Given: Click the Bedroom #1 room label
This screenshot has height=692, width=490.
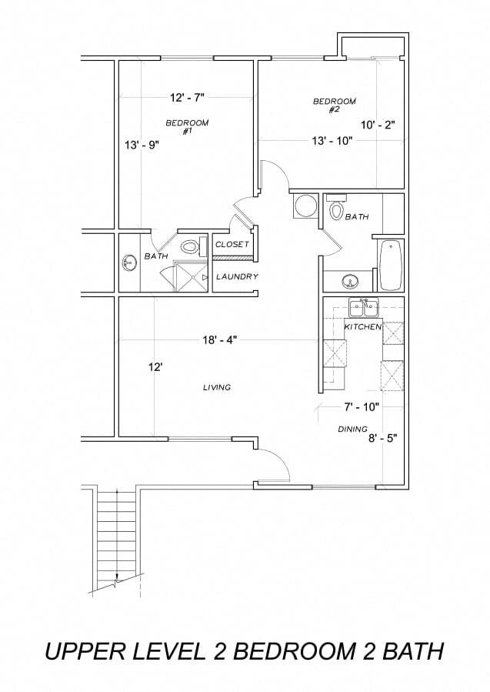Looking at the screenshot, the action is (187, 126).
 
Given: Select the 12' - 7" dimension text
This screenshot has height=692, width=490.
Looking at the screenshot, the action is (187, 98).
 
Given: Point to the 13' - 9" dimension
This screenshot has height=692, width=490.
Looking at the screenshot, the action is (141, 145).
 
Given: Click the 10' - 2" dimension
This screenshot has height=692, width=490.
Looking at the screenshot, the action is (377, 125).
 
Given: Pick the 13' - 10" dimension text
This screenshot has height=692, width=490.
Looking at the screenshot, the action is (332, 141).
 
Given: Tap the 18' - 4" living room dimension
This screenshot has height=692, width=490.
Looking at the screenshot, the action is (220, 339).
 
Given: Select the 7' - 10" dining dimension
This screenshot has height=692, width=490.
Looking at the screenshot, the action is (362, 406).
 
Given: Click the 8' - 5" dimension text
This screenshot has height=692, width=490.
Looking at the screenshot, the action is (383, 438).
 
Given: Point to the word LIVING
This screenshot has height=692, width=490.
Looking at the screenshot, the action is (217, 387).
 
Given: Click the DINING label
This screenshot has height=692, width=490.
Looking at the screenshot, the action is (352, 429).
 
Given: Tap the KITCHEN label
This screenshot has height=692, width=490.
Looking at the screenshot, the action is (362, 327).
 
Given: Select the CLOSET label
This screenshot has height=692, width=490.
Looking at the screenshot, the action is (232, 244).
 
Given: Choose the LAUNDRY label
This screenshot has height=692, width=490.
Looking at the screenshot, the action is (237, 276).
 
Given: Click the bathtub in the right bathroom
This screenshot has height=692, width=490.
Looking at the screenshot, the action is (390, 265).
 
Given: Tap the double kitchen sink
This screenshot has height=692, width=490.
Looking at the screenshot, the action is (363, 307).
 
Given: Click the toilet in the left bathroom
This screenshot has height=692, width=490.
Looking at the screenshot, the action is (194, 246).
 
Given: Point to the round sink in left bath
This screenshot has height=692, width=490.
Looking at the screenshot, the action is (128, 263).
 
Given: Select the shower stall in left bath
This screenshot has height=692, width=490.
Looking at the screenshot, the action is (191, 276).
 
